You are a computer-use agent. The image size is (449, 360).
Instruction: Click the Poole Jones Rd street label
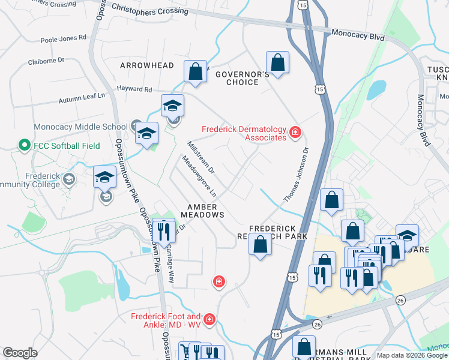click(x=64, y=38)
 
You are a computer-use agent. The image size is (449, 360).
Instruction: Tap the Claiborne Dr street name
click(x=46, y=61)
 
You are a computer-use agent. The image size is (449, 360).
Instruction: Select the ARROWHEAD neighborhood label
click(x=147, y=65)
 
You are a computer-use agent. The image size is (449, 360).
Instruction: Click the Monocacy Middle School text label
click(x=80, y=127)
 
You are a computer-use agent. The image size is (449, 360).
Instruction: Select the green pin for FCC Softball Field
click(x=24, y=145)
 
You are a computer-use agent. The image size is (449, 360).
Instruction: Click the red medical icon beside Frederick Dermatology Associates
click(x=295, y=132)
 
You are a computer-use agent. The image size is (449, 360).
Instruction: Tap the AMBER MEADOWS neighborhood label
click(x=202, y=210)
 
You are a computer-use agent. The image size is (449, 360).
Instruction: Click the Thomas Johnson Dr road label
click(x=295, y=175)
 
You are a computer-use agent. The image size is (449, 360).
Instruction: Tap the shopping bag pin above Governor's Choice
click(x=277, y=62)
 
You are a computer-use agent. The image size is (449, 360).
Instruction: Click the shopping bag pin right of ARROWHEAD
click(x=196, y=72)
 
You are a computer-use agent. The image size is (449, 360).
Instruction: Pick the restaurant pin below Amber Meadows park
click(x=163, y=230)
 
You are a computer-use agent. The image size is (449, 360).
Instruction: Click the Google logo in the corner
click(x=20, y=353)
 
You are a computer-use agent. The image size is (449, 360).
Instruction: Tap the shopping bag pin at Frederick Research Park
click(x=260, y=244)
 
